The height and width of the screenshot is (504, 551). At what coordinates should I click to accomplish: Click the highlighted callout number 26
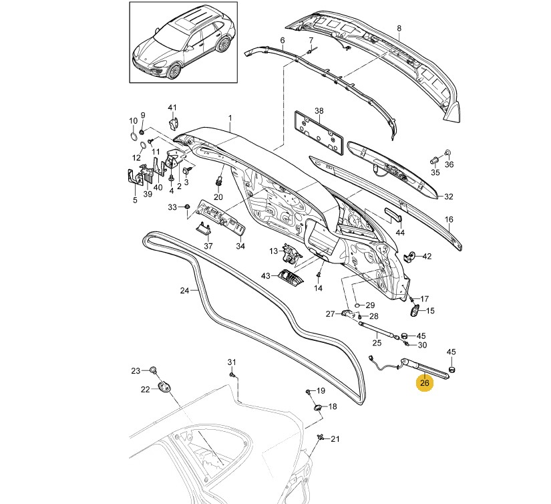tap(425, 384)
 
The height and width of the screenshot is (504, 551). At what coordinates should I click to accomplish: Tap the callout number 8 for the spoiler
tap(399, 29)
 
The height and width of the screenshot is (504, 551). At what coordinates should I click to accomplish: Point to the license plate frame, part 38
tap(319, 134)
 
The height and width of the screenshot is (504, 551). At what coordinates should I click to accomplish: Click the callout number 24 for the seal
tap(185, 291)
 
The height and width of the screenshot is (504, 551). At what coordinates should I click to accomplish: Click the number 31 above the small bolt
tap(232, 362)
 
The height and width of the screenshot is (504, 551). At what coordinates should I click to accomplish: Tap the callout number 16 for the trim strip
tap(449, 219)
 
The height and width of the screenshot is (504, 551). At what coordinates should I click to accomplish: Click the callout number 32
tap(449, 197)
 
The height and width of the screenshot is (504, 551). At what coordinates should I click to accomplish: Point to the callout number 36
tap(449, 164)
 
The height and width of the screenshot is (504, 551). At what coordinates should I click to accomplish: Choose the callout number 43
tap(265, 276)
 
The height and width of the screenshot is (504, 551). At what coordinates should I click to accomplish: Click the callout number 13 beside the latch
tap(274, 251)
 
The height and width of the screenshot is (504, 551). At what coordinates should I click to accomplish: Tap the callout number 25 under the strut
tap(377, 343)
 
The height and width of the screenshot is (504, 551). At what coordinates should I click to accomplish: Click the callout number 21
tap(335, 439)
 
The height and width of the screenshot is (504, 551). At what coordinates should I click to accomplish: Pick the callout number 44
tap(400, 233)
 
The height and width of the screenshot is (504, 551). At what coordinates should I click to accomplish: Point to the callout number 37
tap(208, 246)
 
